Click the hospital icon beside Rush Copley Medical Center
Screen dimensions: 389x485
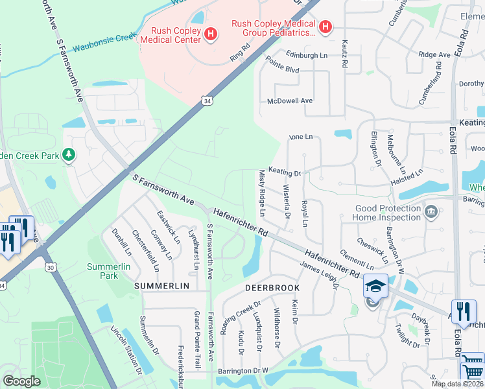tap(210, 34)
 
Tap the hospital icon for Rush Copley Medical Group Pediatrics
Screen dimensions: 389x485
tap(325, 27)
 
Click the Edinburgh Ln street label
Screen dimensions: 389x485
tap(299, 56)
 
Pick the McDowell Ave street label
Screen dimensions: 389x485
tap(290, 101)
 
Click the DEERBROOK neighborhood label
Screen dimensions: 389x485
tap(272, 287)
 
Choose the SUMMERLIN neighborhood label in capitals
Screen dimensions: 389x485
tap(161, 286)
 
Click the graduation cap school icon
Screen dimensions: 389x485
tap(375, 285)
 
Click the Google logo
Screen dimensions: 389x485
tap(21, 381)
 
